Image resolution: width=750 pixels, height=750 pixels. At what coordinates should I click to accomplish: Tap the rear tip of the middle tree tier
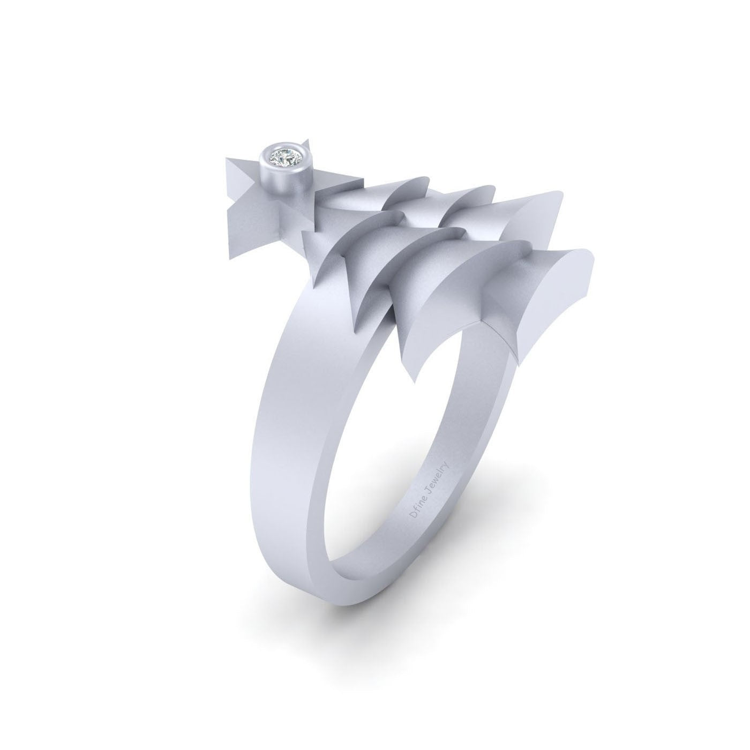click(490, 193)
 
